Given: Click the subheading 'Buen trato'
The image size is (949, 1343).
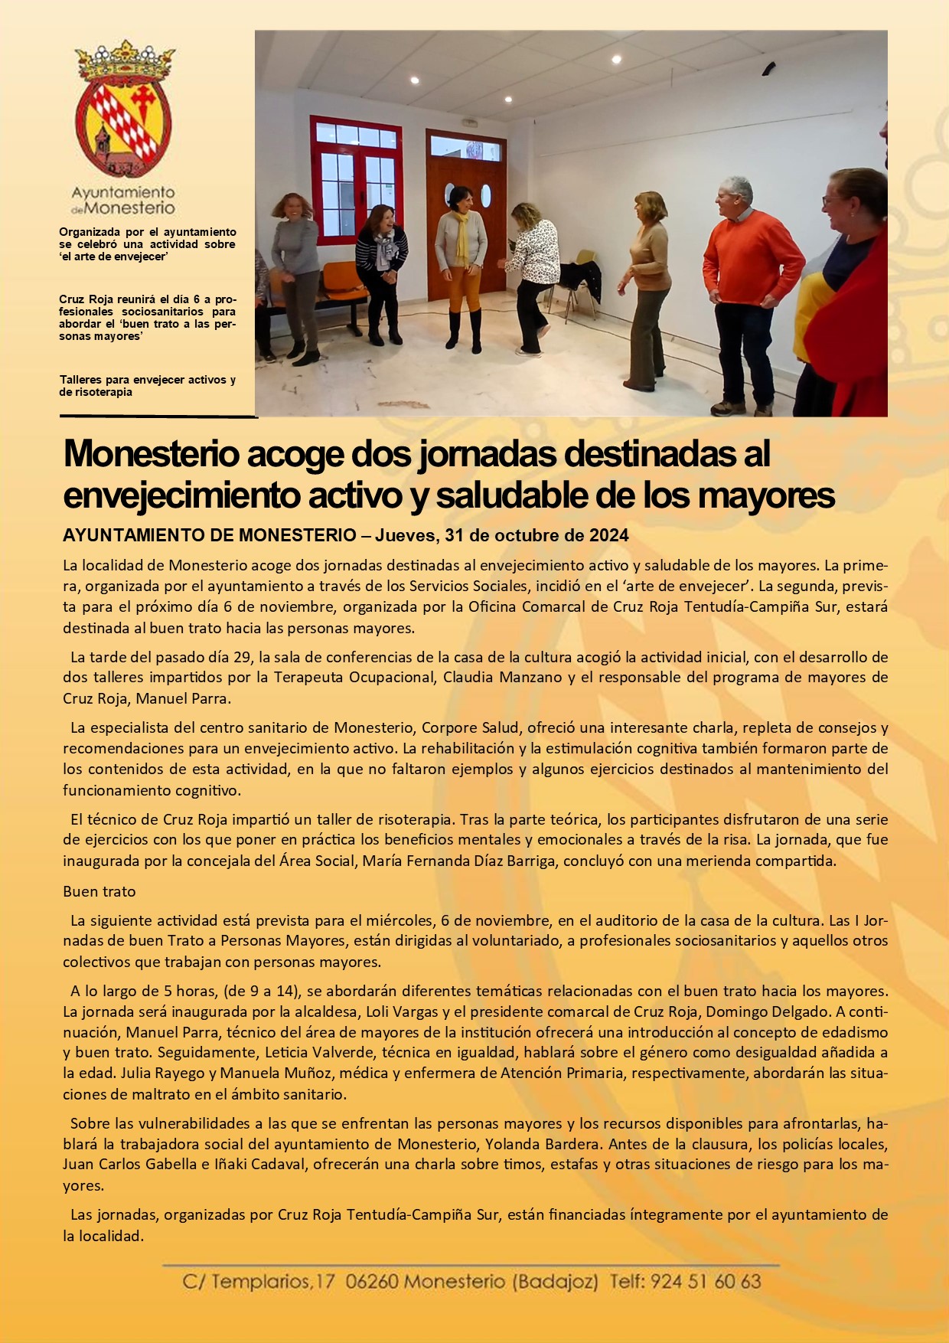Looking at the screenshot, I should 99,892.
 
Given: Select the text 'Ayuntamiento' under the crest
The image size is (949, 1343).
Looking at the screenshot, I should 123,192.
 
